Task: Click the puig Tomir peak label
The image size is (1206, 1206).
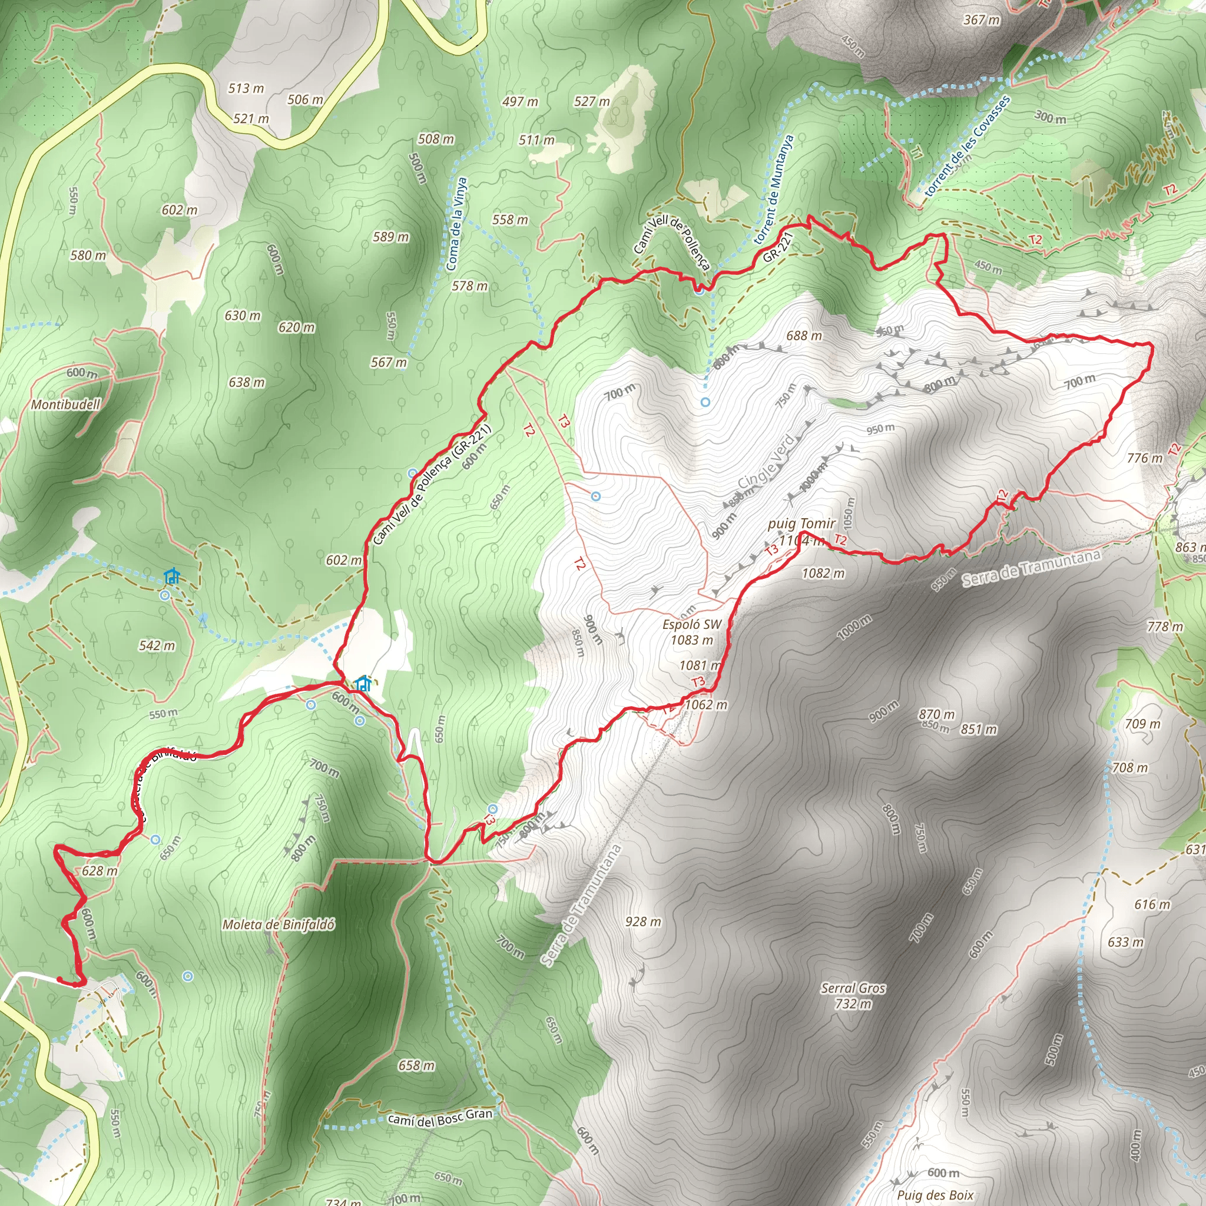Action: pos(801,524)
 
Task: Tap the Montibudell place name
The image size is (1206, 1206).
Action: pos(65,405)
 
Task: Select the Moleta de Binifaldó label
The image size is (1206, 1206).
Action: pos(279,925)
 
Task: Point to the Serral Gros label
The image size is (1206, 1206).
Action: pos(853,988)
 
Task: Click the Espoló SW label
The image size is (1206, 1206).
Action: pos(692,624)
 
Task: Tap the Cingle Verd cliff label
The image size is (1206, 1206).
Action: pos(767,462)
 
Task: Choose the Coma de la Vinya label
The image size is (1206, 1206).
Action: pos(457,223)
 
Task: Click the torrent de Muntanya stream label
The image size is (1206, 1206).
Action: pos(774,190)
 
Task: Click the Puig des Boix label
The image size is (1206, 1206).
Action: pos(935,1195)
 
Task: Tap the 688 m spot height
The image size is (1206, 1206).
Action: pos(804,336)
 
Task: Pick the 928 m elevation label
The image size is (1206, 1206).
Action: pos(643,922)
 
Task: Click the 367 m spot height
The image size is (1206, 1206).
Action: pos(981,20)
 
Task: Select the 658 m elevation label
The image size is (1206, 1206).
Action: pos(416,1065)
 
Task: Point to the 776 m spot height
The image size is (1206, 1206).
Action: pos(1145,458)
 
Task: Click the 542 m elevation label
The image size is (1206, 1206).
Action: pos(157,645)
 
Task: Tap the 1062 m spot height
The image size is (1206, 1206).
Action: pos(706,705)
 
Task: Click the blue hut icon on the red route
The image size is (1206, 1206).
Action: pos(363,684)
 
